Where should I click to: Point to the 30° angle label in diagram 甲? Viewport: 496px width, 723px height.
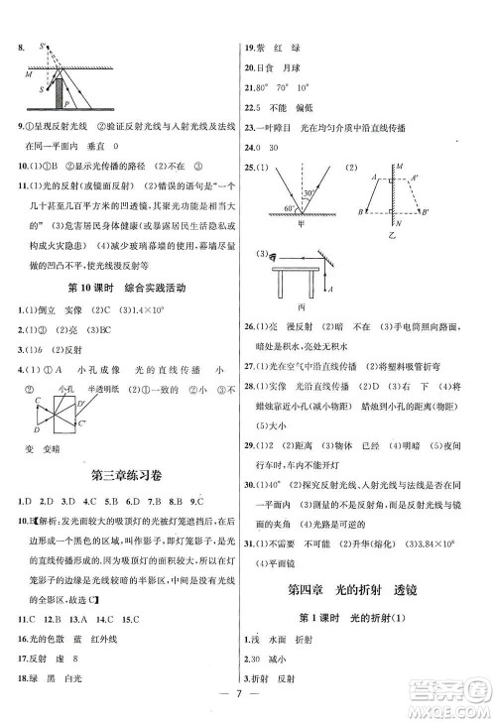click(310, 193)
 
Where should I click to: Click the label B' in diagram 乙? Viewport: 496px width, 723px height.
click(427, 212)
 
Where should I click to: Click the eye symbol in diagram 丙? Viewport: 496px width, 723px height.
click(264, 256)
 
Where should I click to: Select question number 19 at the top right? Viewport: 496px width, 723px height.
click(252, 47)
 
